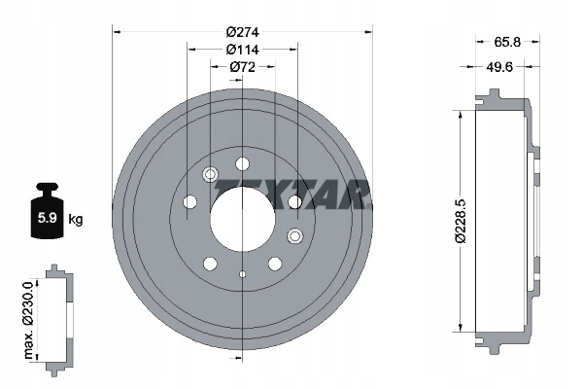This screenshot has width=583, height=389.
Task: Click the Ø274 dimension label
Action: [x=242, y=32]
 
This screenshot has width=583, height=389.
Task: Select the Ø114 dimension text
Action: [x=242, y=50]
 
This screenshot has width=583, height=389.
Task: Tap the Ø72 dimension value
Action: [x=242, y=67]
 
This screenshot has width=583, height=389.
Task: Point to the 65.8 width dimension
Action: [x=507, y=42]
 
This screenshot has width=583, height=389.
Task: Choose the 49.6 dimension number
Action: [x=499, y=67]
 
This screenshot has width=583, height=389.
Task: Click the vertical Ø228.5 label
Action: [x=461, y=221]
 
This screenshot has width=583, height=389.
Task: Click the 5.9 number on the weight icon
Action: [x=48, y=218]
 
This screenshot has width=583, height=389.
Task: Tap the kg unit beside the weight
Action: [x=76, y=219]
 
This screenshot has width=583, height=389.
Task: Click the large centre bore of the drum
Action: [x=242, y=219]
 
